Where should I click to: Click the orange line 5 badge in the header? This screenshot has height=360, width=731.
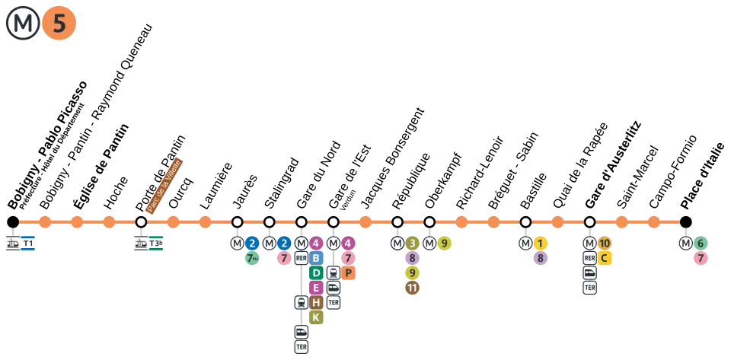59,24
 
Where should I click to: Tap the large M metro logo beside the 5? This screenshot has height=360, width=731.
23,24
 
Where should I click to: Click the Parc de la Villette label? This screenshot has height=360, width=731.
164,185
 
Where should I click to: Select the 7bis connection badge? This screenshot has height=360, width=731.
252,259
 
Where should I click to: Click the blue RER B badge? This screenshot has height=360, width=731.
316,258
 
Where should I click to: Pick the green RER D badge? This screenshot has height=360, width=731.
316,272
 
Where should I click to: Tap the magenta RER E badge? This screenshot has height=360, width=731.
316,288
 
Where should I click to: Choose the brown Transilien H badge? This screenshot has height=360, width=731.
316,302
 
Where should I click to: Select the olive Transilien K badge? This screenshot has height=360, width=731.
316,317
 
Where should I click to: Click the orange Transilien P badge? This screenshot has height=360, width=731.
348,272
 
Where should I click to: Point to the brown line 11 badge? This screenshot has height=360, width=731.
412,288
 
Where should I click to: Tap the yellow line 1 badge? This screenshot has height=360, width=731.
540,244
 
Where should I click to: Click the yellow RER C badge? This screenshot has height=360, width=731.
604,258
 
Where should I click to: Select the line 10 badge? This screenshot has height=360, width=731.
605,244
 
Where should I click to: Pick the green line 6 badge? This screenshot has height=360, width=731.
701,244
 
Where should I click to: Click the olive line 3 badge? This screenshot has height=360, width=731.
412,244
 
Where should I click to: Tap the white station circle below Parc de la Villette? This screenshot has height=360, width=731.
141,221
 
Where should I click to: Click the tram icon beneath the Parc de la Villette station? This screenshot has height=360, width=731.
141,244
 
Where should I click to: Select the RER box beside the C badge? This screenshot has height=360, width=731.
589,258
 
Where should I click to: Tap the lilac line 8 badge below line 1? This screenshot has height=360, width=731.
540,259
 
